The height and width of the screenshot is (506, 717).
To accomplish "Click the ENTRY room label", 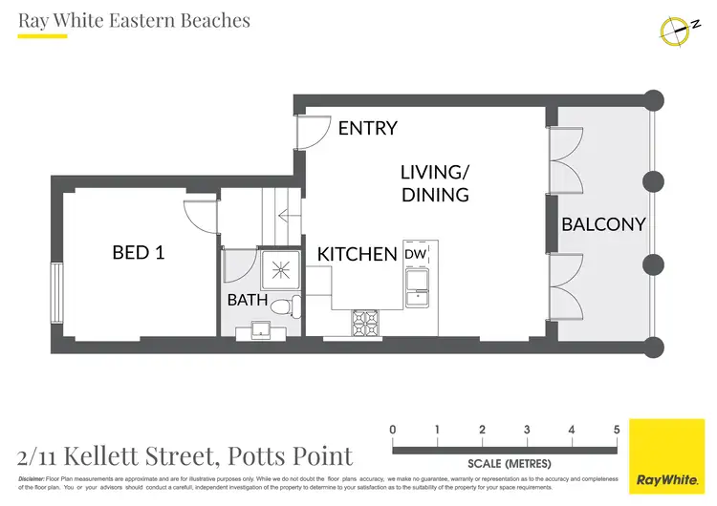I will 367,128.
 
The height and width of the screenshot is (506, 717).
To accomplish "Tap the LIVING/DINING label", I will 435,183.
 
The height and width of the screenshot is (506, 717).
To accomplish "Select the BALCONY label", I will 603,225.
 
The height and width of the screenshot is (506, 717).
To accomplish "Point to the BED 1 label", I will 138,253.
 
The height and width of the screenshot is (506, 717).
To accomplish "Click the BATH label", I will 247,300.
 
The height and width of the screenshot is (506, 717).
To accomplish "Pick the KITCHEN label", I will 357,255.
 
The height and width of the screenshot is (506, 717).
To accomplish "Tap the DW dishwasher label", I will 415,255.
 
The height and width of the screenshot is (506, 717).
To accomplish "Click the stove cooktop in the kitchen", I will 367,321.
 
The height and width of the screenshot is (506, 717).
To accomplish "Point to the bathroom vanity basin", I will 260,330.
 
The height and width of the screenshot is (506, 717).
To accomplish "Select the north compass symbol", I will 676,31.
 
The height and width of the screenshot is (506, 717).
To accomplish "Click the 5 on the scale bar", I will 617,430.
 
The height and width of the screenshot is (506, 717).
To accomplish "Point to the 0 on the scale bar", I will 393,430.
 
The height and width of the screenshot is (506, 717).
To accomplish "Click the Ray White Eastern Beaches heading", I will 134,20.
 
